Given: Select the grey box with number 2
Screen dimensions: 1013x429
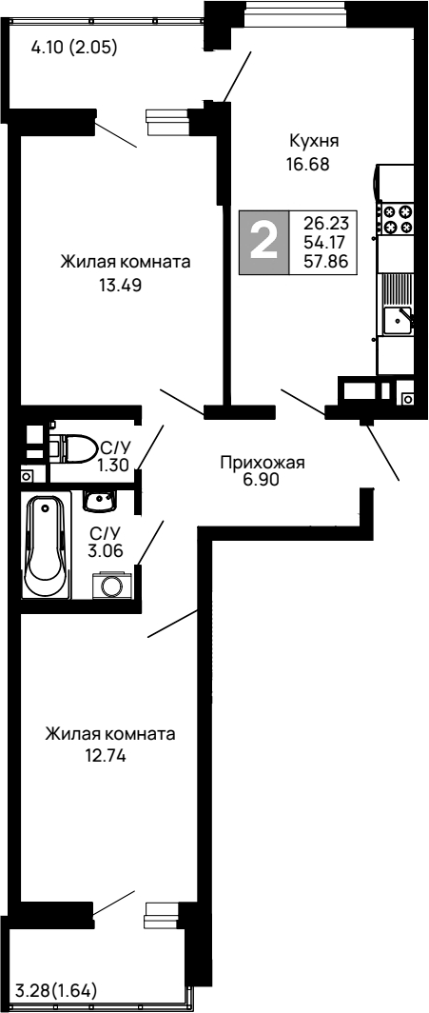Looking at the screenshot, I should click(263, 242).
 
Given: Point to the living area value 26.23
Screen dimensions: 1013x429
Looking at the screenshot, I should click(323, 222).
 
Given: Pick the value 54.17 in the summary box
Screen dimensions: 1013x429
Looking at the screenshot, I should click(323, 242).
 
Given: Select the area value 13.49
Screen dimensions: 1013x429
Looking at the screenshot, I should click(120, 284).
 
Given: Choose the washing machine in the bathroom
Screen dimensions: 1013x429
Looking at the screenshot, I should click(112, 586).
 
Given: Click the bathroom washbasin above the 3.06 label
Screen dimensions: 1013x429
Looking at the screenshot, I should click(98, 499).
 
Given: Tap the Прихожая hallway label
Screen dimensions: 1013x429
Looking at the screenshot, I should click(261, 464).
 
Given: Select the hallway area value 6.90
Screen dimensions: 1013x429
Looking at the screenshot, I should click(261, 481).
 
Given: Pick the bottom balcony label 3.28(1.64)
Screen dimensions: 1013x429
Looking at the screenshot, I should click(56, 991).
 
